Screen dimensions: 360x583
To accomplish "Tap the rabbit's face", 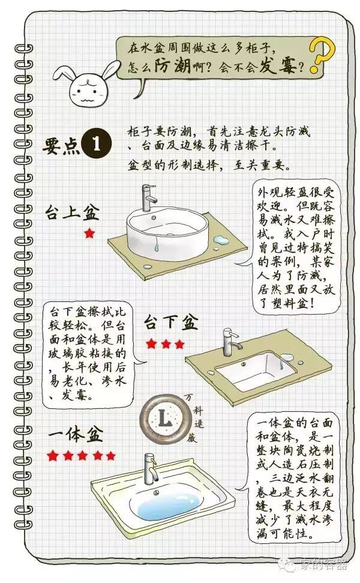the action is (86, 91).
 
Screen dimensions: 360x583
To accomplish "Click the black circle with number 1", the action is (97, 143).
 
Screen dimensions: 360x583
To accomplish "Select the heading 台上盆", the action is (73, 213).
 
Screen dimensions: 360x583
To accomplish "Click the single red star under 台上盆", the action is (89, 234).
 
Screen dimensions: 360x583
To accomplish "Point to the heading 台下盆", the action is (171, 322).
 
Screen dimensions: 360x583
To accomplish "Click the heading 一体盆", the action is (76, 434).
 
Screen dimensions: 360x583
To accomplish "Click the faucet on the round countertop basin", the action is (149, 198).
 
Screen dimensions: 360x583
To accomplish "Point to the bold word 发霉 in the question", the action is (277, 66).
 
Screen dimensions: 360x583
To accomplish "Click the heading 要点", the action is (61, 146).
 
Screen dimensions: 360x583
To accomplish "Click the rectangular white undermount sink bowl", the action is (256, 370).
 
